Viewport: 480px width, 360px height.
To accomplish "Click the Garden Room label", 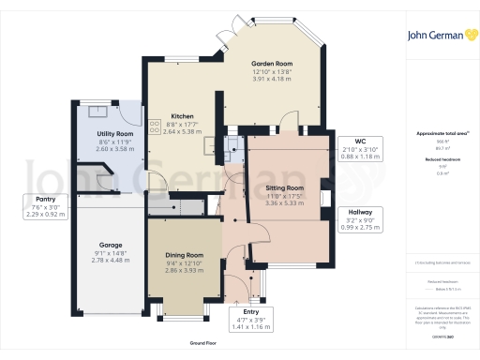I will (271, 63).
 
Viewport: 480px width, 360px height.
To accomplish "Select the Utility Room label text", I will (109, 134).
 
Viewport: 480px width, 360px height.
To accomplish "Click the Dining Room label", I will (184, 255).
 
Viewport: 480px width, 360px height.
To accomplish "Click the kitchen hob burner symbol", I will (154, 127).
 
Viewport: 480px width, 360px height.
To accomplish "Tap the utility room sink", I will (97, 110).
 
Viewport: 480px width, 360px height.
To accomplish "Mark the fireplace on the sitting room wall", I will (323, 197).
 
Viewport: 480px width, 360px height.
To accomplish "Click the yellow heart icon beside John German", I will (466, 34).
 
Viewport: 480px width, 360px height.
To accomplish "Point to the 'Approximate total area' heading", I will (441, 134).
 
